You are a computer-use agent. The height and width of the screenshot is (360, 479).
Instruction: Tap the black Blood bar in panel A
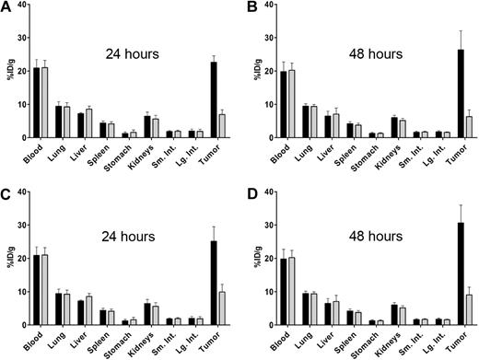click(37, 102)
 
